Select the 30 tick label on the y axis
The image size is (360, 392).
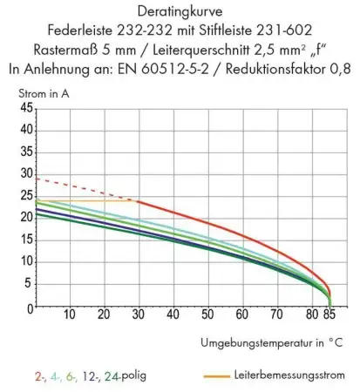click(25, 174)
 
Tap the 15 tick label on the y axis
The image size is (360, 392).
click(25, 241)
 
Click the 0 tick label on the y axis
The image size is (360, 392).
click(28, 308)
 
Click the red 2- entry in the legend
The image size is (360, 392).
click(40, 376)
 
